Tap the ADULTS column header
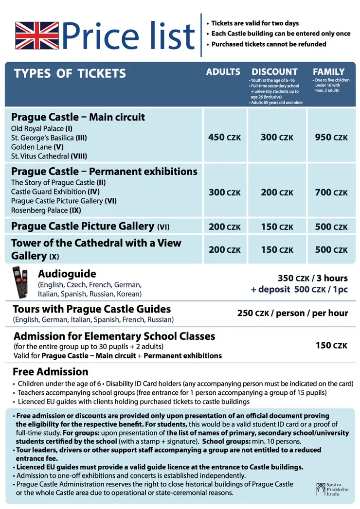pyautogui.click(x=223, y=72)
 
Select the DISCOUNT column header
pyautogui.click(x=274, y=72)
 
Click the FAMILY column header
pyautogui.click(x=328, y=72)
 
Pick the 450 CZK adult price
pyautogui.click(x=224, y=138)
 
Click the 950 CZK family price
pyautogui.click(x=331, y=138)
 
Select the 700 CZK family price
pyautogui.click(x=331, y=193)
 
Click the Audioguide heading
pyautogui.click(x=67, y=274)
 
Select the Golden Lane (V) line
pyautogui.click(x=37, y=147)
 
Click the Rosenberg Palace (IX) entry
pyautogui.click(x=46, y=211)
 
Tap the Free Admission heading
pyautogui.click(x=50, y=372)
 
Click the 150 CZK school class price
pyautogui.click(x=331, y=346)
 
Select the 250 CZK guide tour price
pyautogui.click(x=292, y=313)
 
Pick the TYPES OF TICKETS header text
pyautogui.click(x=70, y=74)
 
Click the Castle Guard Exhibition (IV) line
pyautogui.click(x=55, y=192)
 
